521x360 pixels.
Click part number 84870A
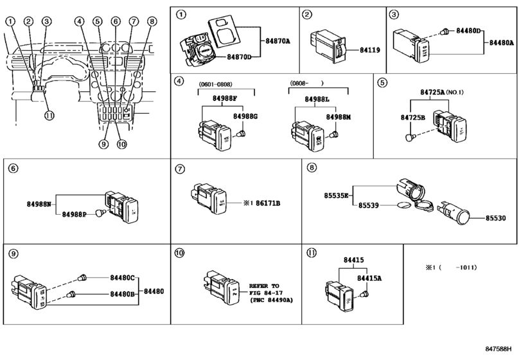coord(277,40)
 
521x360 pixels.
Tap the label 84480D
coord(469,31)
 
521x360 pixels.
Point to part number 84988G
coord(245,116)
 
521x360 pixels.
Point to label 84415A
coord(369,278)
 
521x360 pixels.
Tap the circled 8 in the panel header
coord(312,168)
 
